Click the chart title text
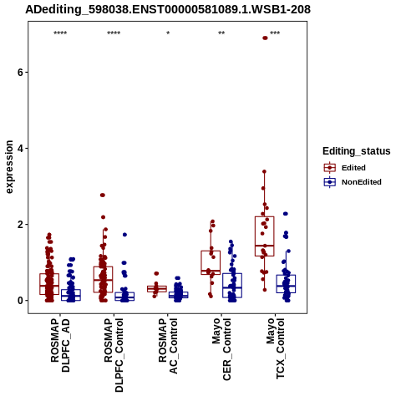pos(168,9)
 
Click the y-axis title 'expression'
pos(9,167)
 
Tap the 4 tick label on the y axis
pos(19,149)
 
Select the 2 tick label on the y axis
pos(19,225)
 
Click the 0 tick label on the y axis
pos(19,301)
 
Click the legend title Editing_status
pos(357,151)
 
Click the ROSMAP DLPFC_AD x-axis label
pos(60,345)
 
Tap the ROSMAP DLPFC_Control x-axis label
pos(114,355)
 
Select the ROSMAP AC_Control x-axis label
pos(168,346)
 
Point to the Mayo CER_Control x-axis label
pos(221,349)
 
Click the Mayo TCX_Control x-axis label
pos(276,348)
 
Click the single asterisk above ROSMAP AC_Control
pos(168,33)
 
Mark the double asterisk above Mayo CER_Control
pos(221,33)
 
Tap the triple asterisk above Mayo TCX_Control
pos(275,33)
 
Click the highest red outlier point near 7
pos(265,38)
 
